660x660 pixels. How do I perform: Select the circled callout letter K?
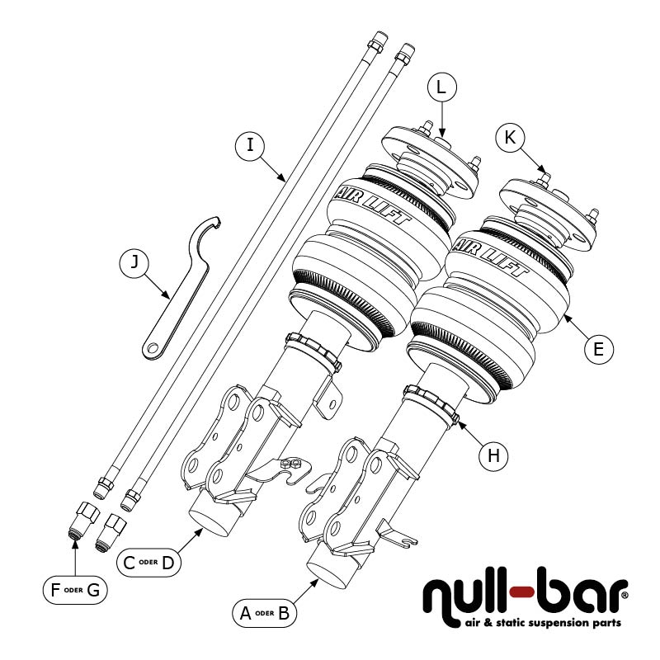(511, 138)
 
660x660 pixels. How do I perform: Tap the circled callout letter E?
(599, 348)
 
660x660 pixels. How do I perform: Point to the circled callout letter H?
(493, 455)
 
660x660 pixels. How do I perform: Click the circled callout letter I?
(250, 146)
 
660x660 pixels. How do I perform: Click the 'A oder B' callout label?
(264, 613)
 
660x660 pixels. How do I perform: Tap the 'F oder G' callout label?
(74, 590)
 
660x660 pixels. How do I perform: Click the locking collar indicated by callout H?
(433, 403)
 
